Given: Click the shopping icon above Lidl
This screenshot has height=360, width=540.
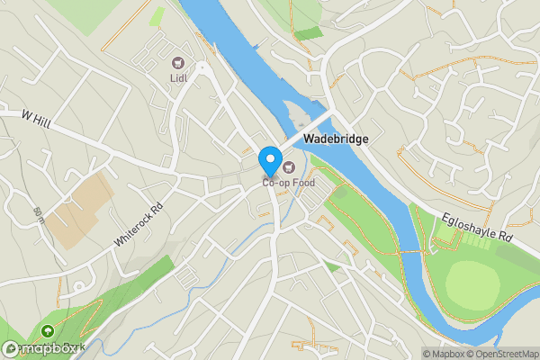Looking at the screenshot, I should pyautogui.click(x=177, y=63).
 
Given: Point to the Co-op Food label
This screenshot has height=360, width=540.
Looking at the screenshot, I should pyautogui.click(x=290, y=184).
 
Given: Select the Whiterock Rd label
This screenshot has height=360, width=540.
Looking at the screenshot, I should pyautogui.click(x=139, y=225).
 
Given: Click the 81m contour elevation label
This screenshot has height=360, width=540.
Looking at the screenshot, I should pyautogui.click(x=39, y=215).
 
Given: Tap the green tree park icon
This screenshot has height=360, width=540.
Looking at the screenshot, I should pyautogui.click(x=48, y=332).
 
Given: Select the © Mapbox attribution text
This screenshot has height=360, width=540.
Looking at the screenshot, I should pyautogui.click(x=444, y=354).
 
